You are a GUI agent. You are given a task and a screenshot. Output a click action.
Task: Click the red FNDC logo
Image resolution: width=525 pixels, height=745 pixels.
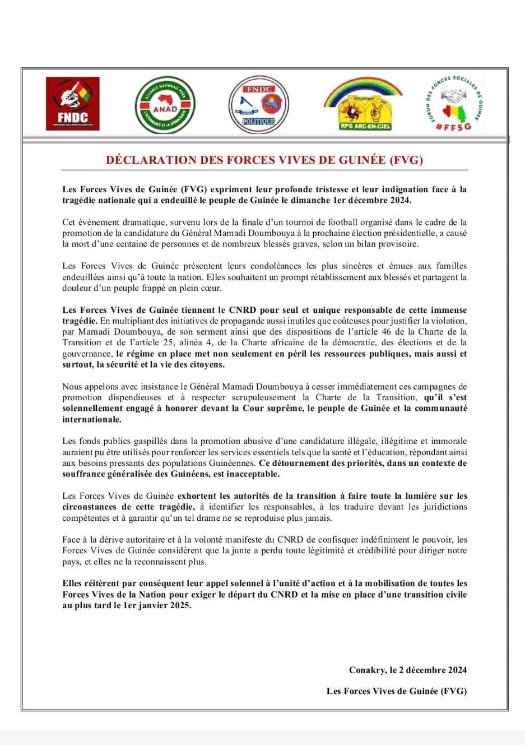coord(72,103)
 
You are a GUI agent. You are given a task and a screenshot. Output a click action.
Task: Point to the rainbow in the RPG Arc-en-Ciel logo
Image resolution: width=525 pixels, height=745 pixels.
coord(363,89)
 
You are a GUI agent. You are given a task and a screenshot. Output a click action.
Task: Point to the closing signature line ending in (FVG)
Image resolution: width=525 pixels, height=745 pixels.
coord(397,691)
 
